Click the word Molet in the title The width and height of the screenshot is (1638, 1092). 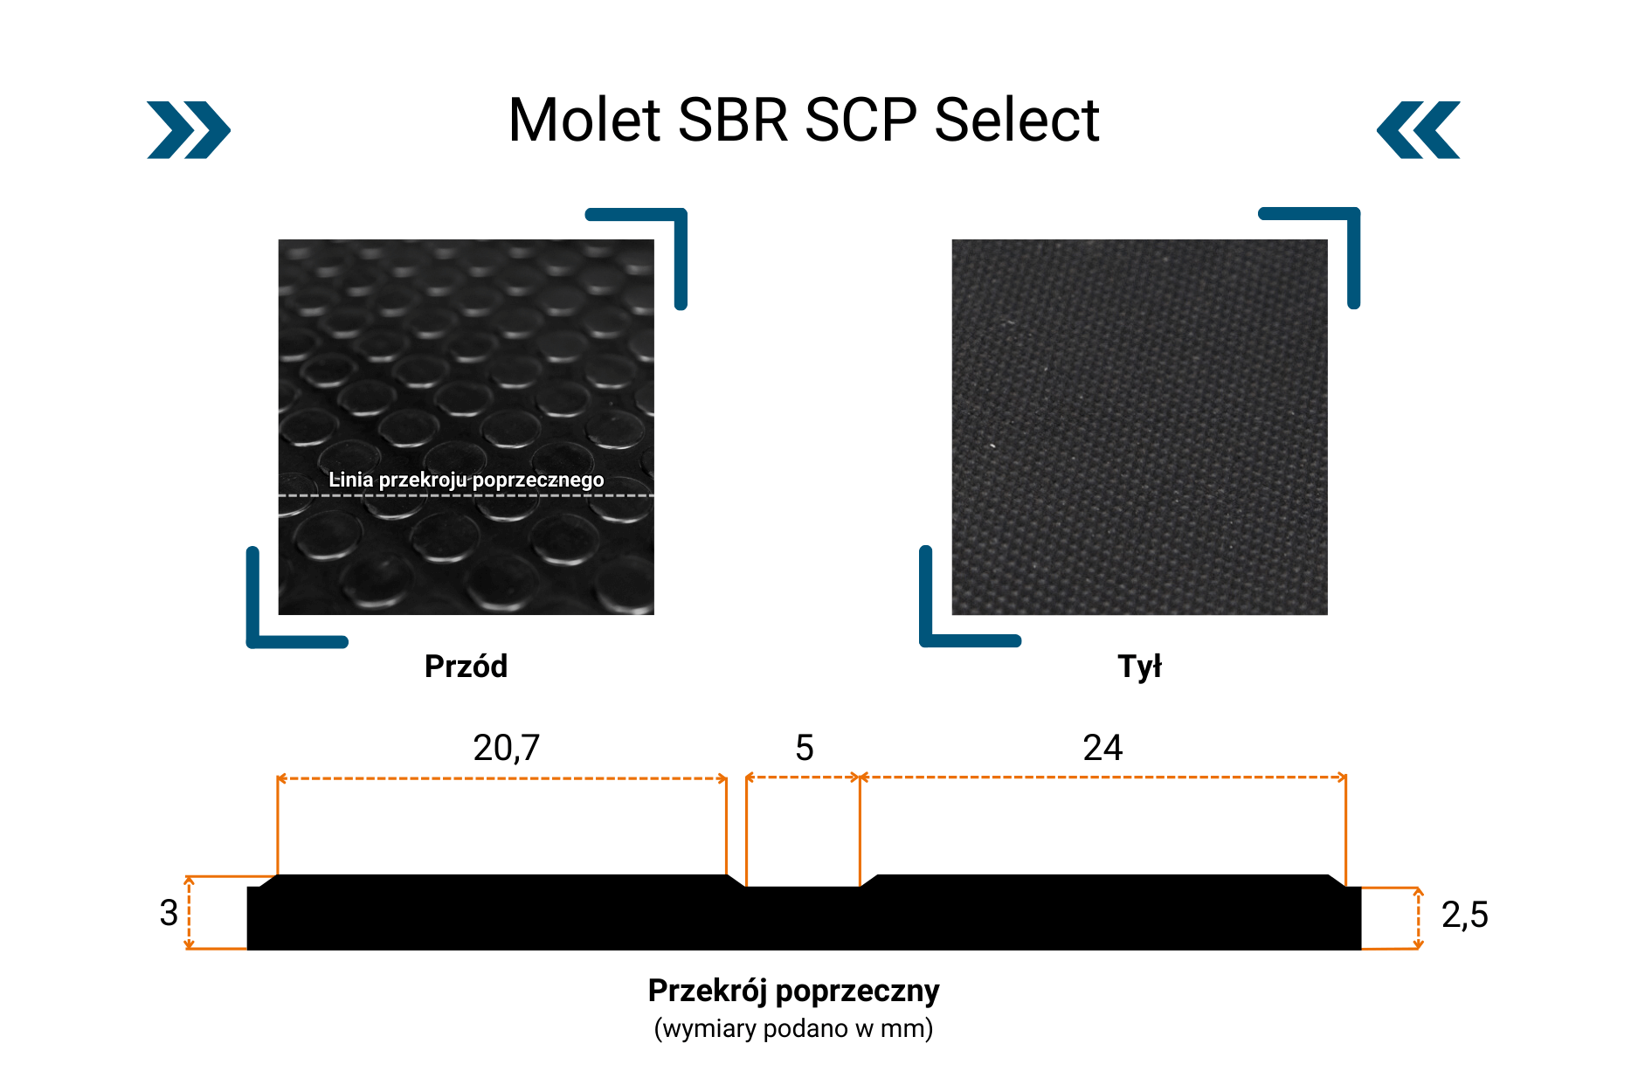pos(584,120)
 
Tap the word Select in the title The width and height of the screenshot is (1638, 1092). pos(1017,120)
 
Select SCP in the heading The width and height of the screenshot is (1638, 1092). pos(861,120)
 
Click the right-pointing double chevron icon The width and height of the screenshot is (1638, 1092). pos(189,130)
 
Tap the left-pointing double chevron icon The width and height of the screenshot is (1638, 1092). pos(1418,130)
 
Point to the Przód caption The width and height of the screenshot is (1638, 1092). pos(466,667)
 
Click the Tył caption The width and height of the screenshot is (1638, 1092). pos(1139,667)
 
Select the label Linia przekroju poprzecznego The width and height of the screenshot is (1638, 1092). pos(467,480)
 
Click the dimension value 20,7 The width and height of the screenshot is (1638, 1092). pos(507,748)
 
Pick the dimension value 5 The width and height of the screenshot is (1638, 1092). pos(805,748)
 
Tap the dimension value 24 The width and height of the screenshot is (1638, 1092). pos(1102,748)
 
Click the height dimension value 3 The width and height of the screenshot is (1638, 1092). pos(169,913)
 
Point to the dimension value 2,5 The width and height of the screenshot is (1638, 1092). pos(1465,915)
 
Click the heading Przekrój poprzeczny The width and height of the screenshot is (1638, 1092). pos(793,991)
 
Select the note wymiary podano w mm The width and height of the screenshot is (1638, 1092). pos(793,1028)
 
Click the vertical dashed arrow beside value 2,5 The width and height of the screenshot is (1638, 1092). pos(1418,918)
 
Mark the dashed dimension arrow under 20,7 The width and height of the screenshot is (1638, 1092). pos(501,778)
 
